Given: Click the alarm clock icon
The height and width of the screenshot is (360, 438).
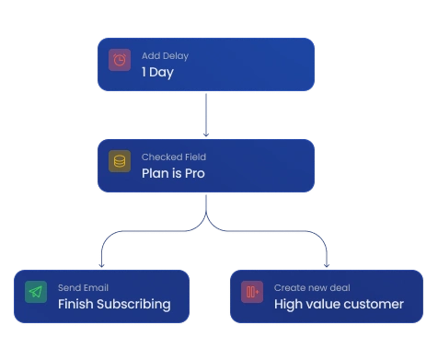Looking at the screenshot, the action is pyautogui.click(x=120, y=60).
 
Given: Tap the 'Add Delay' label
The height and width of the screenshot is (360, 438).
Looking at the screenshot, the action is pyautogui.click(x=165, y=56).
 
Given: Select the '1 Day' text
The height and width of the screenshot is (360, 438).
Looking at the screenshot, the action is pyautogui.click(x=157, y=73).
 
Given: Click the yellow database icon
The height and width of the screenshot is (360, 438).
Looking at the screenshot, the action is pyautogui.click(x=120, y=161).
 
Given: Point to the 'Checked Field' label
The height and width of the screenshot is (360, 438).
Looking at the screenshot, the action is pyautogui.click(x=174, y=157).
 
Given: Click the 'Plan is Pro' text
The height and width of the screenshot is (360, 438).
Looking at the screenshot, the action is pyautogui.click(x=173, y=173).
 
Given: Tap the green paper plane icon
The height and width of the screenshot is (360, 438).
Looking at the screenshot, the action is pyautogui.click(x=36, y=292).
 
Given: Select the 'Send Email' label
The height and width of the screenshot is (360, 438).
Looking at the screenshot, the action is pyautogui.click(x=83, y=287).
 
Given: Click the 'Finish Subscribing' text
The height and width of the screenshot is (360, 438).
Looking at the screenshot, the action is pyautogui.click(x=114, y=305).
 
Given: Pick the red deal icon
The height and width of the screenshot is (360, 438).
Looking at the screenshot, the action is pyautogui.click(x=252, y=292).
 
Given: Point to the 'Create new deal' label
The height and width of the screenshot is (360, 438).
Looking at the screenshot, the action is pyautogui.click(x=312, y=287).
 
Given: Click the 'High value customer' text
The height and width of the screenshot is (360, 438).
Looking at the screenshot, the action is pyautogui.click(x=339, y=305).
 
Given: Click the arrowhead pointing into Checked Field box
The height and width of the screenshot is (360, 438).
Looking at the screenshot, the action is pyautogui.click(x=206, y=134).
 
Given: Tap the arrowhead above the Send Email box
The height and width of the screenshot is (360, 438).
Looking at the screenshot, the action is pyautogui.click(x=101, y=265).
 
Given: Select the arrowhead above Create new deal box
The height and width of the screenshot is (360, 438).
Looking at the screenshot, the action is pyautogui.click(x=327, y=265).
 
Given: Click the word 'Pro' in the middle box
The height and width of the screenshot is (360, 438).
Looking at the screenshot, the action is pyautogui.click(x=195, y=173).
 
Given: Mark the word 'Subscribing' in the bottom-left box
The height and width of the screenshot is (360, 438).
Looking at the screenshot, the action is pyautogui.click(x=133, y=305).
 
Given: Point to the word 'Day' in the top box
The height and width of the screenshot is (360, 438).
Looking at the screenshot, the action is pyautogui.click(x=162, y=73).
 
